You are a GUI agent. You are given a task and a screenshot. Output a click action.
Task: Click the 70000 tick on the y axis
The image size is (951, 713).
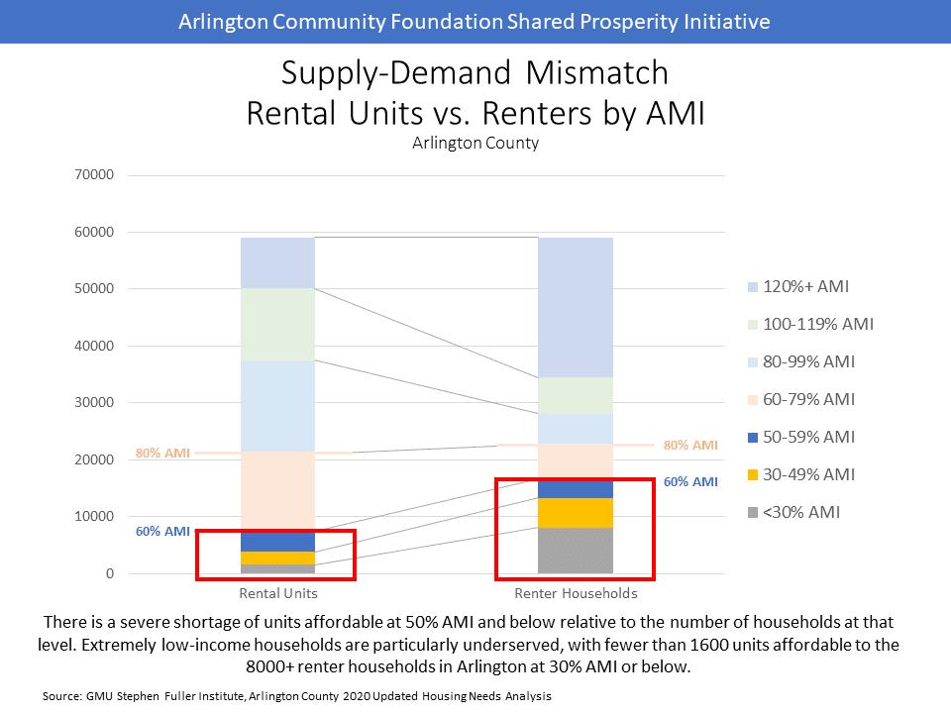96,176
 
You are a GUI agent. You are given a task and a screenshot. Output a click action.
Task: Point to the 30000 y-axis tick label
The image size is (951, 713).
96,403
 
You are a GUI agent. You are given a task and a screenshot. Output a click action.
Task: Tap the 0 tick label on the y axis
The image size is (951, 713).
111,574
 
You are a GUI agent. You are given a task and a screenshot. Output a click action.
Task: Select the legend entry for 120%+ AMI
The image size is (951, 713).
798,287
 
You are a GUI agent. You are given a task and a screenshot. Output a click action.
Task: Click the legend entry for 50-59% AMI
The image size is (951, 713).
800,437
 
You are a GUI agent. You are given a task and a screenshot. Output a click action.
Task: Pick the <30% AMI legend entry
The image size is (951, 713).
793,512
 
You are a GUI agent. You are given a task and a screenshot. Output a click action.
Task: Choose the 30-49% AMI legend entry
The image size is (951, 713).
800,474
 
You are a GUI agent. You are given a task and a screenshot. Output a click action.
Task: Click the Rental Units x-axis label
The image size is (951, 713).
278,594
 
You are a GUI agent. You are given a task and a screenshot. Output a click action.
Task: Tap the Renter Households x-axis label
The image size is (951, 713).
576,594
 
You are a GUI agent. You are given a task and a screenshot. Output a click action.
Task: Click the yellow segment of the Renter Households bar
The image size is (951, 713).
576,513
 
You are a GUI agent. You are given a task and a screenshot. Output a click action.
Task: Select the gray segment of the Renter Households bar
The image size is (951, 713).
576,551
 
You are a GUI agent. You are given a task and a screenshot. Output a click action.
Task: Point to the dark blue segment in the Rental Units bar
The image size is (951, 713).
278,541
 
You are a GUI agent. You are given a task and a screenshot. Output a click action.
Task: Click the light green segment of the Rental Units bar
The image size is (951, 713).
278,324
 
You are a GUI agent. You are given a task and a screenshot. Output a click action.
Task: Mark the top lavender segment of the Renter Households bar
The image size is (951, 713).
576,307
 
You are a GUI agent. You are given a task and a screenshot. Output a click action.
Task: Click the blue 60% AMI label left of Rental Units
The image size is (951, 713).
162,532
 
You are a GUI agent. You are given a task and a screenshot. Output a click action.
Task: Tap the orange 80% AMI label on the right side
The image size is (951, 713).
690,446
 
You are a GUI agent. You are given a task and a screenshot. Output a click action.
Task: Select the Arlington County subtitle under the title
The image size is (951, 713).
475,143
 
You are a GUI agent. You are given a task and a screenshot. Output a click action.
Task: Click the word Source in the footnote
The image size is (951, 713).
59,696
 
